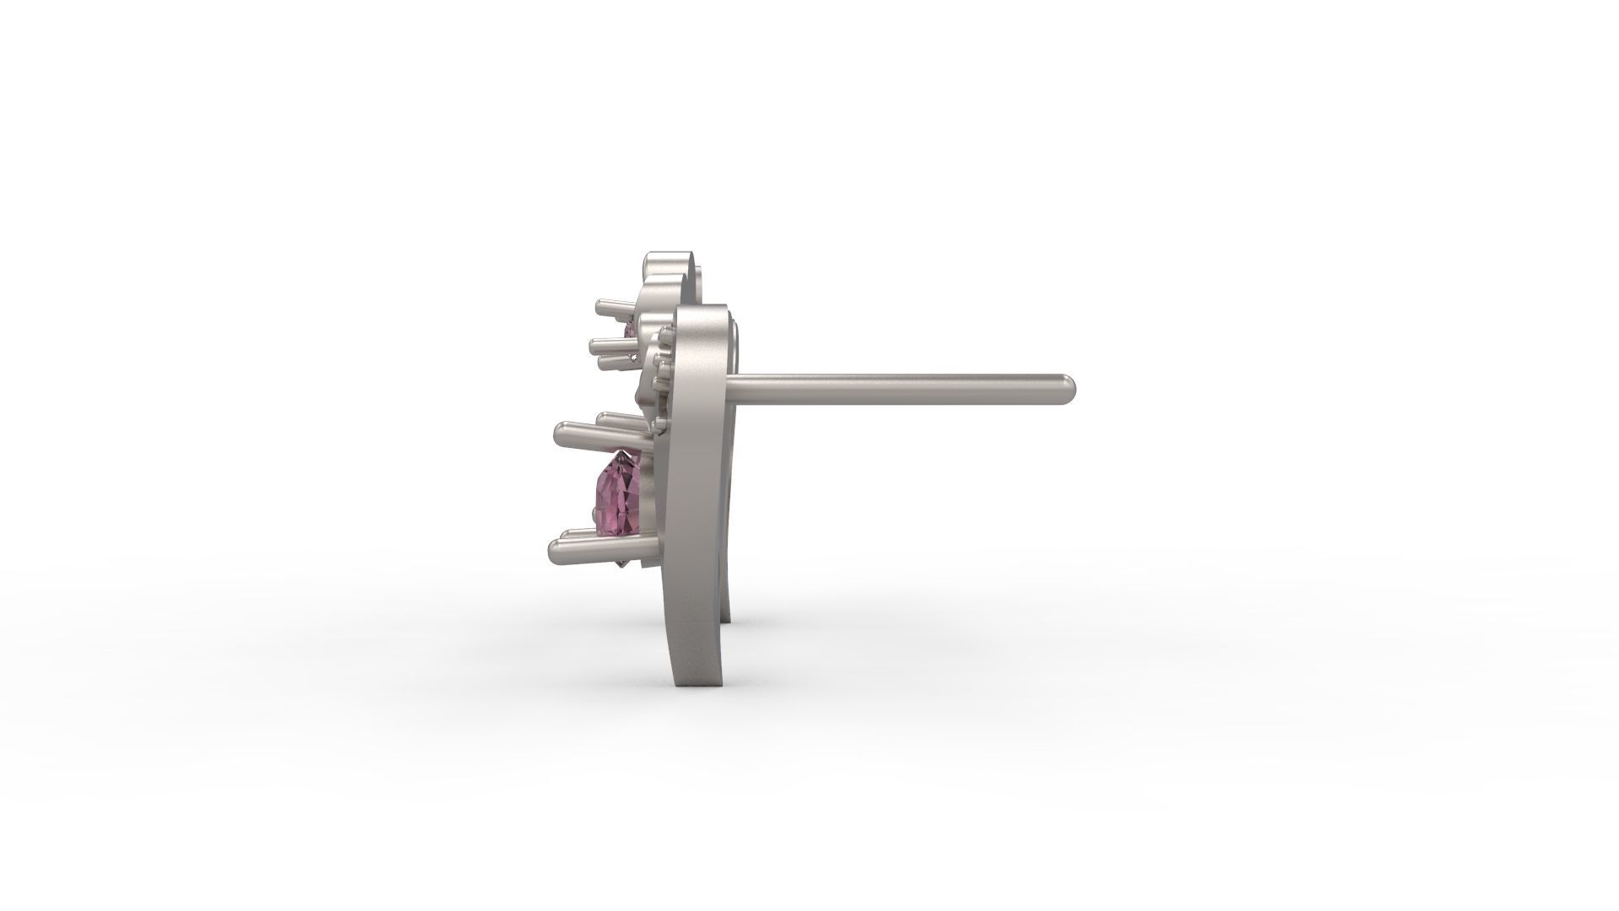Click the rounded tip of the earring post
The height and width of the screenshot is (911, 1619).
pos(1069,387)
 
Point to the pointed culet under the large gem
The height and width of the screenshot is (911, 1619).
pos(623,564)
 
